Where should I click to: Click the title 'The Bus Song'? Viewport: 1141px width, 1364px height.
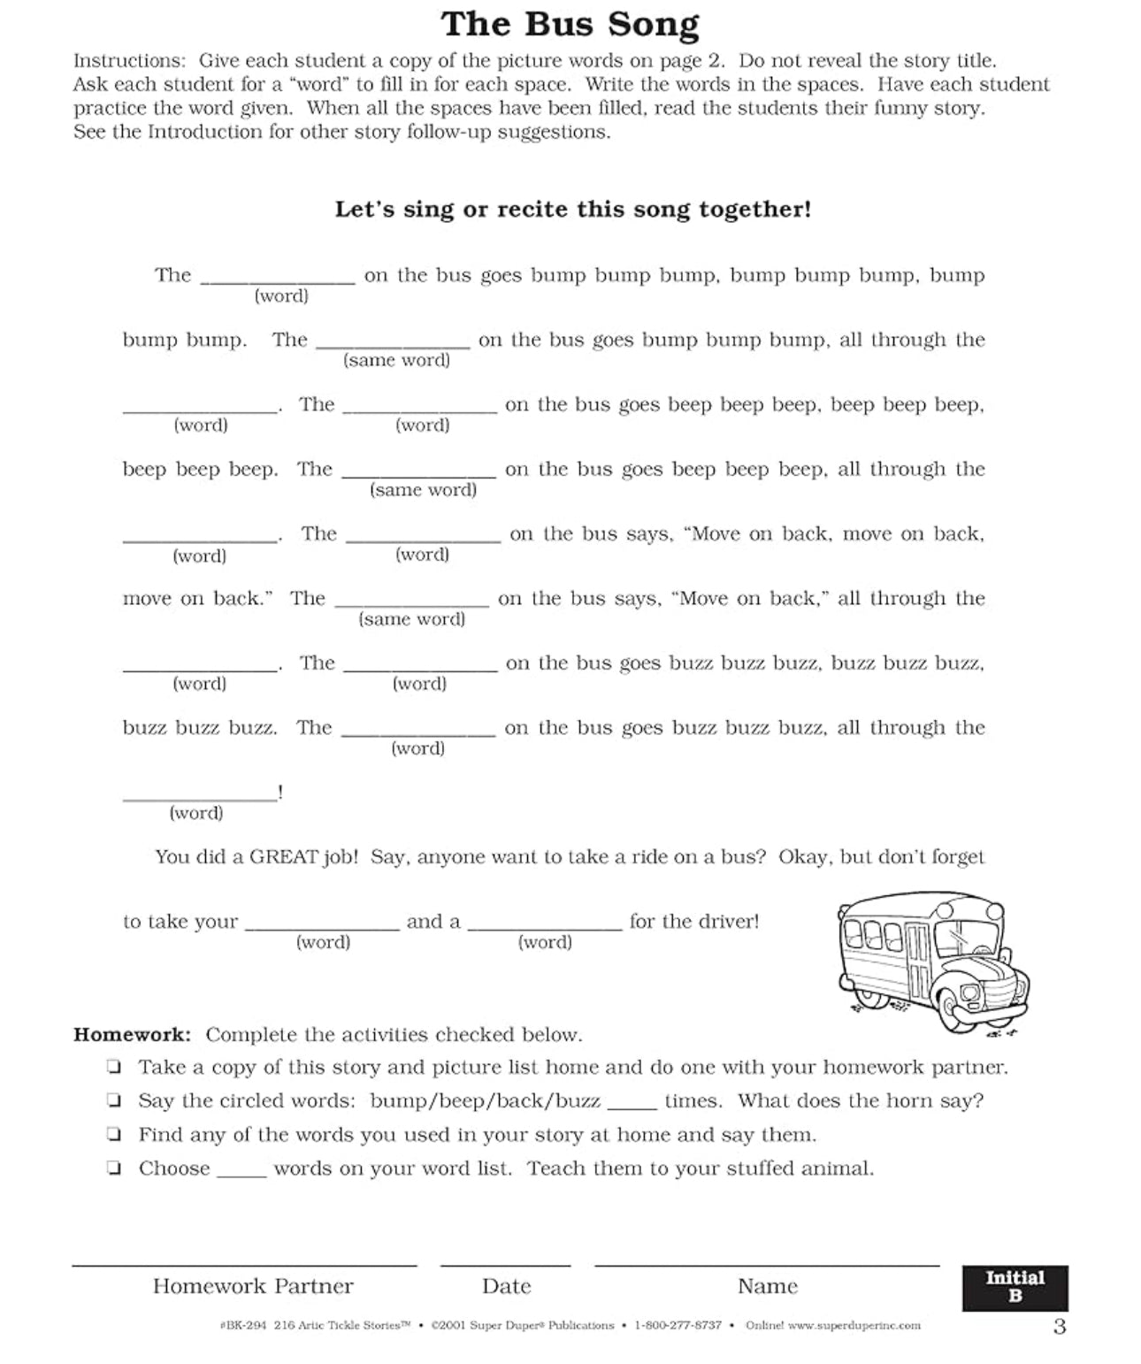tap(570, 25)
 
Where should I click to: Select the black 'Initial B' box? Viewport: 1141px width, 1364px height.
tap(1015, 1287)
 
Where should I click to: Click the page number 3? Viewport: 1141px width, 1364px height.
tap(1060, 1327)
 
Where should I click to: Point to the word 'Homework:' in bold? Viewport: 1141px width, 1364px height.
tap(132, 1035)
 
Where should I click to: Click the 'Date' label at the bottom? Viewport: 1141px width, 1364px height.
tap(506, 1286)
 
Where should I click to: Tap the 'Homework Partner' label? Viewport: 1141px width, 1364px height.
tap(253, 1286)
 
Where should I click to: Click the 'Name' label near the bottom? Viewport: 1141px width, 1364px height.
tap(767, 1286)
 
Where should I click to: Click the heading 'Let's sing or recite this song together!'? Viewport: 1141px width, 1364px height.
tap(572, 210)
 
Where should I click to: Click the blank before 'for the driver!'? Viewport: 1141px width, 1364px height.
tap(545, 923)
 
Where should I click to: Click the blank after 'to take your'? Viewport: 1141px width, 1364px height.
tap(322, 923)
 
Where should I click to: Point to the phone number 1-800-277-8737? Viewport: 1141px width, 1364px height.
tap(678, 1325)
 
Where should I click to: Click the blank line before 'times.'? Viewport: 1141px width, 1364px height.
tap(632, 1104)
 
